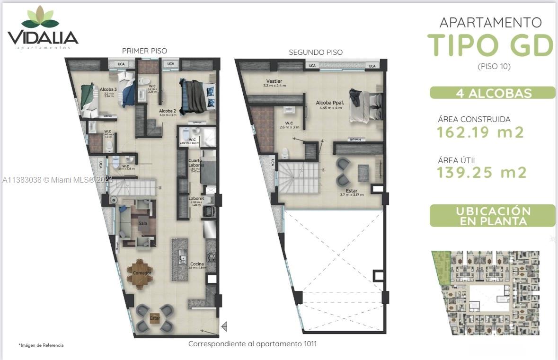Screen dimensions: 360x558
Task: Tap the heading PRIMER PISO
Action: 144,51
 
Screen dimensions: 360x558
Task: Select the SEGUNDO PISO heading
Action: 316,52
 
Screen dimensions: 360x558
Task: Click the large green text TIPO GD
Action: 490,45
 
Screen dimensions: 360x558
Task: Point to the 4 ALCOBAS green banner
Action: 492,93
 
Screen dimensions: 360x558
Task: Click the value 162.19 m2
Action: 480,132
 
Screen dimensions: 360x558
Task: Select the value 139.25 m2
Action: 481,173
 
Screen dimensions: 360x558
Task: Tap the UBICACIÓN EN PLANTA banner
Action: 492,216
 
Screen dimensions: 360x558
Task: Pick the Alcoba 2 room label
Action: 167,111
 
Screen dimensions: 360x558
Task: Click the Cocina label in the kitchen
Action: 197,263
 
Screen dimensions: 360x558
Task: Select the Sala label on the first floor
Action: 142,222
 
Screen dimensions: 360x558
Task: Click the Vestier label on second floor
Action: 274,81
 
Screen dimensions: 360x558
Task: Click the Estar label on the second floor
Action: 351,191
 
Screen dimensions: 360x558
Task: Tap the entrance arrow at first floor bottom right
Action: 224,326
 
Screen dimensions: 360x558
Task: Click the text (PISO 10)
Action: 494,66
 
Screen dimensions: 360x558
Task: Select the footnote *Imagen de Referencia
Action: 41,345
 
